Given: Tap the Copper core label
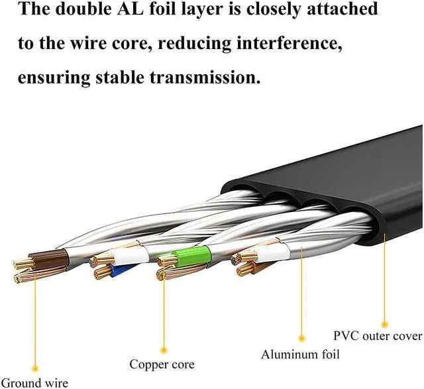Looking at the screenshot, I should (162, 364).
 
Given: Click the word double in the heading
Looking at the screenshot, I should (93, 10).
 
